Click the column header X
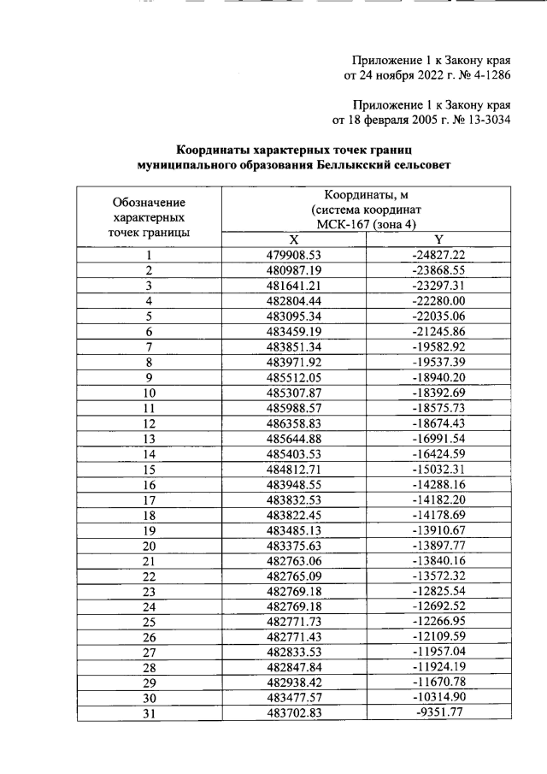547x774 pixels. [x=293, y=239]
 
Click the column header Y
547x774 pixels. [x=438, y=239]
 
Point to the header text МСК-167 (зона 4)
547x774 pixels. [x=365, y=224]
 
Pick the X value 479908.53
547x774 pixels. [x=293, y=255]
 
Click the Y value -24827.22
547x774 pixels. [x=438, y=255]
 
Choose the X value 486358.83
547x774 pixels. [x=293, y=423]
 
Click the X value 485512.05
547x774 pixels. [x=293, y=377]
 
